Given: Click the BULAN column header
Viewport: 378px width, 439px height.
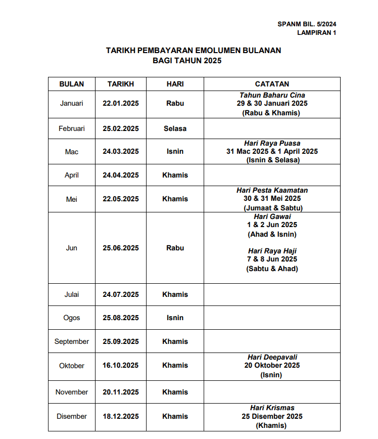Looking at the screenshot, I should pyautogui.click(x=71, y=84).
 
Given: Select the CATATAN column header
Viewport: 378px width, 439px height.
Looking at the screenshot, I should pyautogui.click(x=272, y=84).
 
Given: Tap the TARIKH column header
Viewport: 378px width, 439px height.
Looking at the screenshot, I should pyautogui.click(x=121, y=84).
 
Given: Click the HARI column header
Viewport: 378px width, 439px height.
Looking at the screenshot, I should pyautogui.click(x=175, y=84).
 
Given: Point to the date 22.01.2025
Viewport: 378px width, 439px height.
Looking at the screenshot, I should pyautogui.click(x=121, y=103).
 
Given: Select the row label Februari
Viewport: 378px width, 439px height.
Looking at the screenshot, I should pyautogui.click(x=71, y=128).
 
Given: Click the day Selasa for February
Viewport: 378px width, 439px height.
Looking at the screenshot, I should pyautogui.click(x=175, y=128).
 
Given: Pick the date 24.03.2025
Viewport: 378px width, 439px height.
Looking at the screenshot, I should pyautogui.click(x=121, y=151).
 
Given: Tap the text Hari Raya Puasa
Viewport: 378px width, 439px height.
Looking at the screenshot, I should pyautogui.click(x=272, y=144).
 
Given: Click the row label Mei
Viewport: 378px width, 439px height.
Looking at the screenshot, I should pyautogui.click(x=71, y=199).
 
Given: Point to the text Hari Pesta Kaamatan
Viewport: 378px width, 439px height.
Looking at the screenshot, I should pyautogui.click(x=272, y=190).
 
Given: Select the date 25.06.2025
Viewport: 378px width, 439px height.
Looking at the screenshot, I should pyautogui.click(x=121, y=248).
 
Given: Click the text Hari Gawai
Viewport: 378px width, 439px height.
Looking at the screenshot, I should pyautogui.click(x=272, y=216).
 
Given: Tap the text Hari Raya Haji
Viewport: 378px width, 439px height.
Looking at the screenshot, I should pyautogui.click(x=272, y=251).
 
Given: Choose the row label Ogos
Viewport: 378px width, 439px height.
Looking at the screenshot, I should pyautogui.click(x=71, y=318).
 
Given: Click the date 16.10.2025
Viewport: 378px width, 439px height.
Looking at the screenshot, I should pyautogui.click(x=121, y=365).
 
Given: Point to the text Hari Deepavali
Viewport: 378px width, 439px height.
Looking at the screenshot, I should pyautogui.click(x=272, y=357).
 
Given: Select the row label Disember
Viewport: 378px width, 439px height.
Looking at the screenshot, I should pyautogui.click(x=71, y=416).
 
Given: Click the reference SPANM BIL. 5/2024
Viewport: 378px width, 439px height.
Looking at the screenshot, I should pyautogui.click(x=307, y=24).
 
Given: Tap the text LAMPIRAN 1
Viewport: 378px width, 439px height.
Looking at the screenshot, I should pyautogui.click(x=316, y=33).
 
